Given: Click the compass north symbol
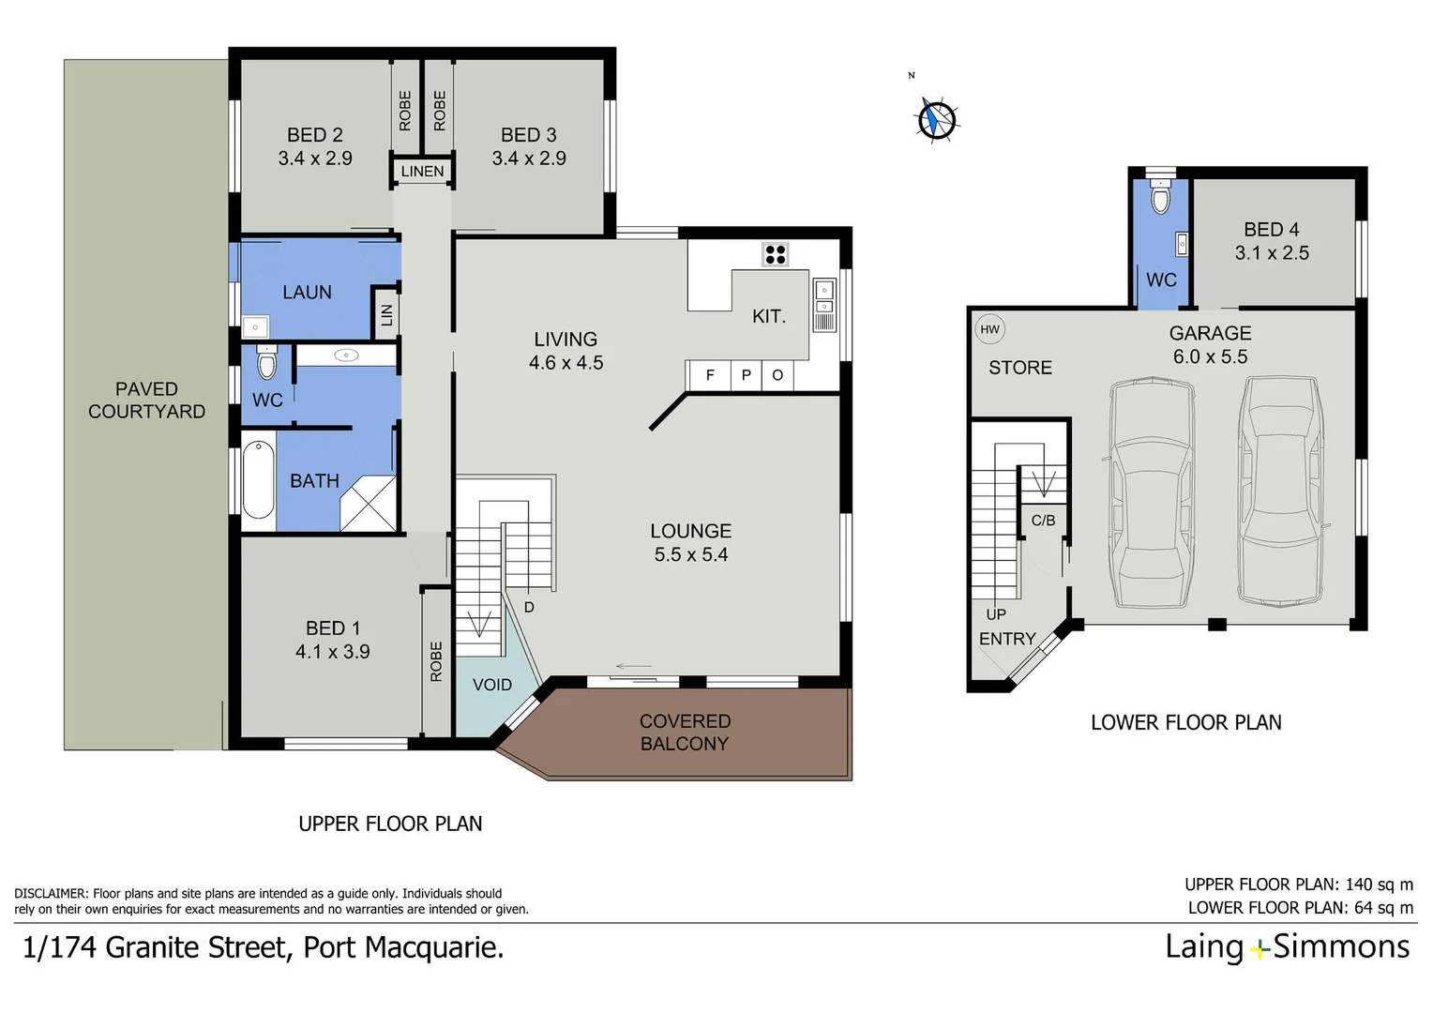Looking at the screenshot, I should click(x=936, y=119).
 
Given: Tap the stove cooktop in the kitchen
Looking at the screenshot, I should click(x=775, y=253).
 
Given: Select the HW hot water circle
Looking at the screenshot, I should click(x=989, y=329).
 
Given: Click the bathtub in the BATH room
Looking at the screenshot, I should click(x=259, y=479).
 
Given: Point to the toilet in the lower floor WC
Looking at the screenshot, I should click(x=1160, y=199).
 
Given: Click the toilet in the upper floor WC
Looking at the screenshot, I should click(x=266, y=363).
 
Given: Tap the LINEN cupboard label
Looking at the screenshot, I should click(x=422, y=172).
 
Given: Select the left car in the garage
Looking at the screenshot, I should click(x=1153, y=493).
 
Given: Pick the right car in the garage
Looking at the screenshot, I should click(x=1280, y=491).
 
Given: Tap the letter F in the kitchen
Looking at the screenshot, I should click(x=710, y=375).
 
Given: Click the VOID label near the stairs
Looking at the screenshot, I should click(x=491, y=685).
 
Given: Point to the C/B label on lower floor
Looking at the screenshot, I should click(x=1043, y=521).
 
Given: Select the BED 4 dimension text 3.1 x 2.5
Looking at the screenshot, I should click(x=1271, y=253).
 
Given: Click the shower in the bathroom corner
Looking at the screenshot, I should click(x=369, y=504).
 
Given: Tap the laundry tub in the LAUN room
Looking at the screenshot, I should click(x=255, y=327).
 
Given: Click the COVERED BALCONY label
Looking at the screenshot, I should click(x=685, y=733).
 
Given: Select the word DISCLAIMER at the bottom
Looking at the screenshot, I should click(x=51, y=894).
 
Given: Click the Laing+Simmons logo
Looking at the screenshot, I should click(x=1286, y=947).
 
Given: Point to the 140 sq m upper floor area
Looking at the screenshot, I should click(x=1379, y=884).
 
